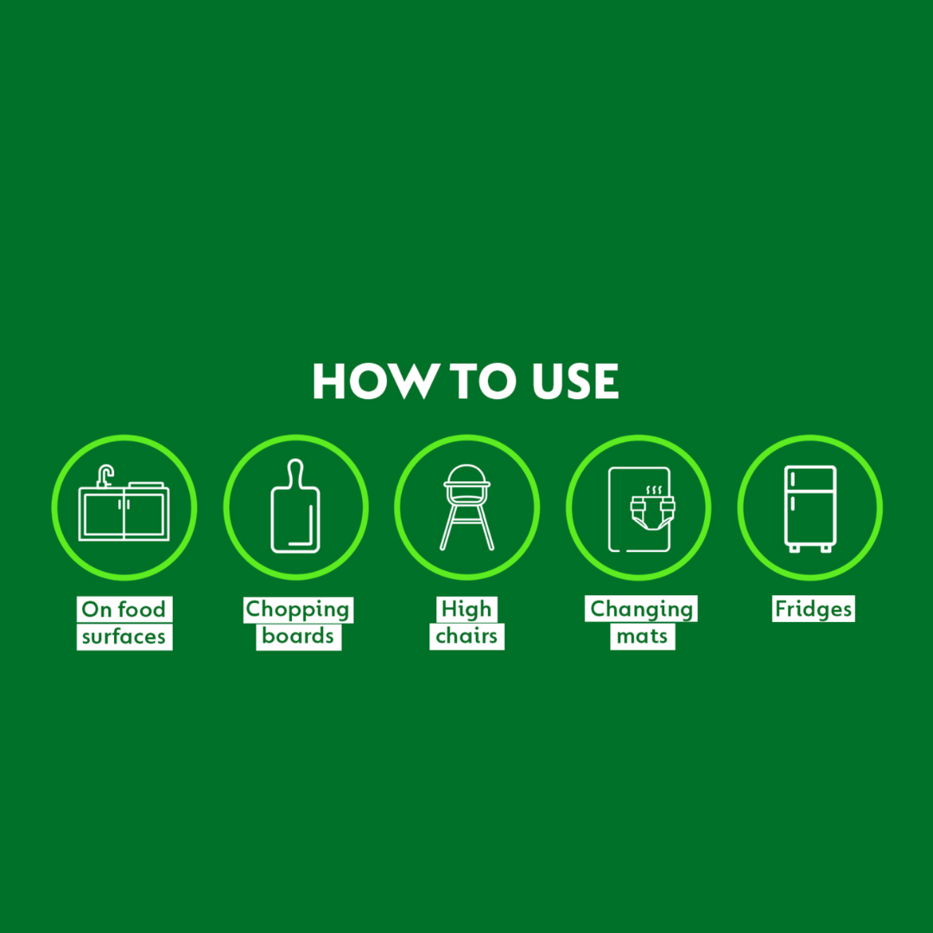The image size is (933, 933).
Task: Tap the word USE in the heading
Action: (575, 381)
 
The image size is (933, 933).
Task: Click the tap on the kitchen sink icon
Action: (105, 476)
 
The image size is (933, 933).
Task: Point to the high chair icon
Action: (467, 507)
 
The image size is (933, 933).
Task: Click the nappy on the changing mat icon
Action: (653, 511)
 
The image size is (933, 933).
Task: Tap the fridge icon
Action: (810, 509)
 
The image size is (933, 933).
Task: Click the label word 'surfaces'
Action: (124, 637)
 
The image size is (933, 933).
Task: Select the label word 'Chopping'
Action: (297, 609)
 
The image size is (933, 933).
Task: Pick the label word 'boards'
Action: (297, 636)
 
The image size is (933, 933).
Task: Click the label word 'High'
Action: (466, 609)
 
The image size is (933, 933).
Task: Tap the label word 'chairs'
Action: (466, 636)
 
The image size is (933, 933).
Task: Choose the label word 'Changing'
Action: (641, 609)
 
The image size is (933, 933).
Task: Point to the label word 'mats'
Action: (642, 637)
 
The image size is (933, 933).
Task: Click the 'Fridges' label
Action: (814, 609)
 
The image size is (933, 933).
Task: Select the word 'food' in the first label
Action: (142, 609)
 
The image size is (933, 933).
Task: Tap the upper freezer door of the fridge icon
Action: (810, 479)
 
